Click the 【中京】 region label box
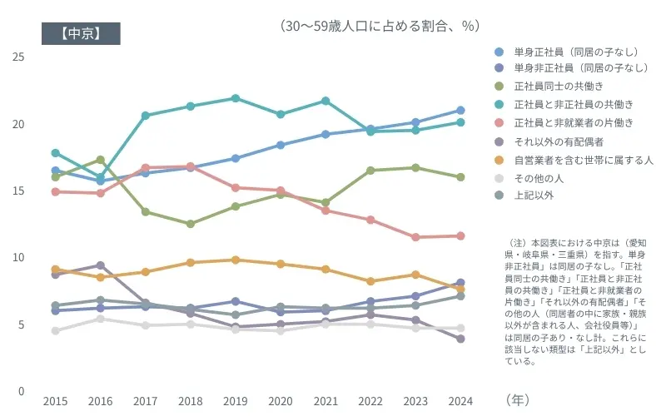point(81,33)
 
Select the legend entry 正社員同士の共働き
point(558,87)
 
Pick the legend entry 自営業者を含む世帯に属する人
point(583,159)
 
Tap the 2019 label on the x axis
point(236,401)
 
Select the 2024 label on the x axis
point(460,401)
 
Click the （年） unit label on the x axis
point(517,400)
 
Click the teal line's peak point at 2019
point(236,98)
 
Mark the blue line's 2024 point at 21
point(460,110)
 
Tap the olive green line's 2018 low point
point(191,224)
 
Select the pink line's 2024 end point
point(460,235)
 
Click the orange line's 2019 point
point(236,260)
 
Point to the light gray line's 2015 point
point(56,330)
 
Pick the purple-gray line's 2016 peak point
point(101,265)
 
